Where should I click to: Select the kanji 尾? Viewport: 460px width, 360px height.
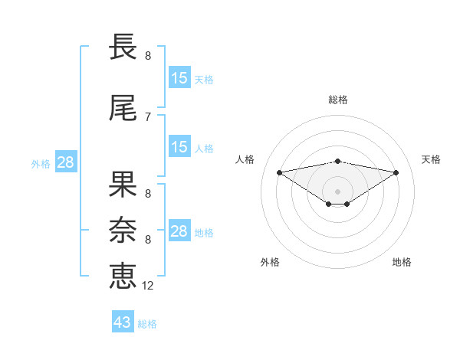tap(123, 110)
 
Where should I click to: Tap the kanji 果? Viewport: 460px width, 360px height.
tap(123, 186)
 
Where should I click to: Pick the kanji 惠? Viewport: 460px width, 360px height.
tap(123, 275)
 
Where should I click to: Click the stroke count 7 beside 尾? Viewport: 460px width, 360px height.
tap(147, 117)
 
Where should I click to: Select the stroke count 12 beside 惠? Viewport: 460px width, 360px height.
tap(148, 285)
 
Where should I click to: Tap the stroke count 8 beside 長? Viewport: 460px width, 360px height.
tap(147, 56)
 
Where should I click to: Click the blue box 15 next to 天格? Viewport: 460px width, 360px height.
tap(179, 78)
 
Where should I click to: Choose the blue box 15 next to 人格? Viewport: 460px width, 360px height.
tap(179, 147)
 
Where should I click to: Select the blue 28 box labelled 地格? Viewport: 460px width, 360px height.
tap(179, 231)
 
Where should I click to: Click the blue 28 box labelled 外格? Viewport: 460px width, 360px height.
tap(65, 162)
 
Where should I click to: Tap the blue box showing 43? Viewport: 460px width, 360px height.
tap(123, 322)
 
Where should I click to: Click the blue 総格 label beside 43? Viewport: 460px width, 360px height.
tap(147, 324)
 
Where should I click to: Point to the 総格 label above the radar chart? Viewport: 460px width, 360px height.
tap(338, 100)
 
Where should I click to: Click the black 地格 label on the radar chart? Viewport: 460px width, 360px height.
tap(402, 262)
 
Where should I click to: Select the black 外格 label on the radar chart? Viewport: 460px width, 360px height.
tap(270, 262)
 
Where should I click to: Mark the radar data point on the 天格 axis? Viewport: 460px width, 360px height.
tap(396, 172)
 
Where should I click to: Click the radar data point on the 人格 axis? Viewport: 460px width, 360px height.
tap(279, 172)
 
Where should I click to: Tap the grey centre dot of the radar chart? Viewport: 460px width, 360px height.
tap(337, 191)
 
